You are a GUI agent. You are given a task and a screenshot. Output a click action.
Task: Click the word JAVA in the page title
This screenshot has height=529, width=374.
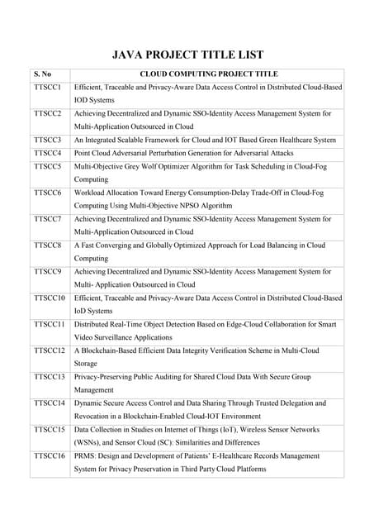click(130, 55)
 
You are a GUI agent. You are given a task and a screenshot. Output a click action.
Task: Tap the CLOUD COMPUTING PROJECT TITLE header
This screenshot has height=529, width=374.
click(209, 74)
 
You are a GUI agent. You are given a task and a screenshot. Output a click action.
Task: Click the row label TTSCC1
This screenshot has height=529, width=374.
click(48, 87)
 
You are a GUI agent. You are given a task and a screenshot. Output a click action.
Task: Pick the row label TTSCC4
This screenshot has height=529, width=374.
click(48, 153)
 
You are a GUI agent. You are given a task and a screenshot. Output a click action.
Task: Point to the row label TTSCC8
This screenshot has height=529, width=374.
click(48, 245)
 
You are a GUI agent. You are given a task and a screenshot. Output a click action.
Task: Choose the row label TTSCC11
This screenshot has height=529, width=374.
click(50, 325)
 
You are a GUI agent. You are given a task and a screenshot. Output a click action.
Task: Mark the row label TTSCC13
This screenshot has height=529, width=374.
click(50, 377)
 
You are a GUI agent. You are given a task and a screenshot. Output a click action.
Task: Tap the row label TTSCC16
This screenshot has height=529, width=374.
click(50, 455)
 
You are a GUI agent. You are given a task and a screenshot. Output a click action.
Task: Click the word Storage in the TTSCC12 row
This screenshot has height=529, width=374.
click(86, 364)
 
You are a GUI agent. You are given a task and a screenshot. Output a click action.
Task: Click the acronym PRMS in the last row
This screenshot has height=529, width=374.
click(84, 455)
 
